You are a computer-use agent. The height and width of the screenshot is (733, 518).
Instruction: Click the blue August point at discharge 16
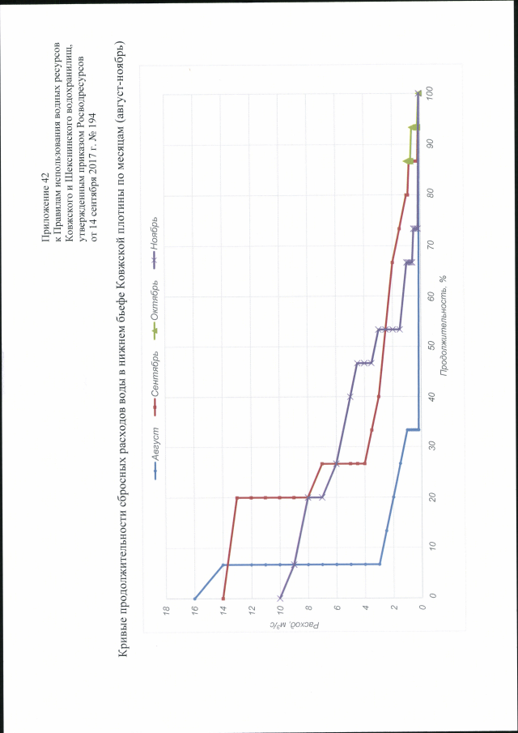point(195,599)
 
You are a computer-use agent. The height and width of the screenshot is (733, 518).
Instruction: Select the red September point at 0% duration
point(223,599)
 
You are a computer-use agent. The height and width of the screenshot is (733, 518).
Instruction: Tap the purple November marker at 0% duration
point(280,599)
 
